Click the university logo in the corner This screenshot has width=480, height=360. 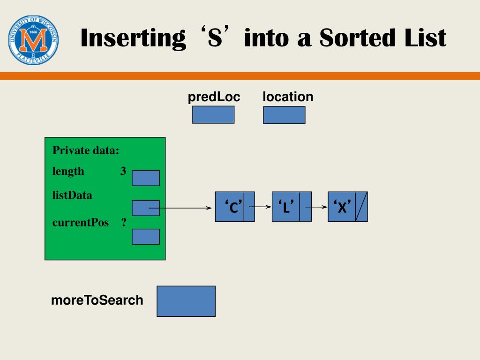point(33,40)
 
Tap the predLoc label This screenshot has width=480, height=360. point(214,97)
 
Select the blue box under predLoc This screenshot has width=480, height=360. point(213,114)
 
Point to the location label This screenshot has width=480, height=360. point(288,97)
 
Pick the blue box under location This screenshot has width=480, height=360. point(284,115)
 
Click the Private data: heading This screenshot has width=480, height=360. point(86,150)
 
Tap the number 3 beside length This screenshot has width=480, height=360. point(123,171)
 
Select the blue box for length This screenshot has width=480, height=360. point(146,178)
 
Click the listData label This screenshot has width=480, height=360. point(72,195)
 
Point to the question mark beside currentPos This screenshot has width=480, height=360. point(124,222)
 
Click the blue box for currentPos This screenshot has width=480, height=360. point(146,236)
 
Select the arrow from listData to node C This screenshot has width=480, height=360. point(185,208)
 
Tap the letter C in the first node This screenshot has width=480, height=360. point(233,207)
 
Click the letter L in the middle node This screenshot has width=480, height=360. point(285,207)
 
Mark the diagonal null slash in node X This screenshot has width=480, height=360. point(361,207)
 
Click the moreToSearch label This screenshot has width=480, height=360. point(97,300)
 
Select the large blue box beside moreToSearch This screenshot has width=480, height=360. point(186,301)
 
